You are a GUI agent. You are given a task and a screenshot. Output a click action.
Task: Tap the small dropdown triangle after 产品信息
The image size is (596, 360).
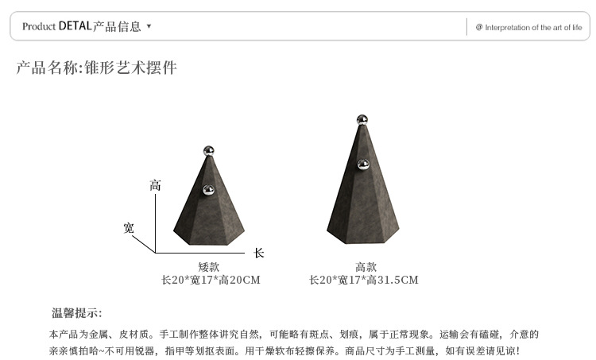pos(149,26)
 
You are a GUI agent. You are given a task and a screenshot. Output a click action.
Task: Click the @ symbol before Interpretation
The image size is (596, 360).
pos(479,27)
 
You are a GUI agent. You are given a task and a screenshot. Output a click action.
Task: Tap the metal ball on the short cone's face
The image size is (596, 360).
pos(209,190)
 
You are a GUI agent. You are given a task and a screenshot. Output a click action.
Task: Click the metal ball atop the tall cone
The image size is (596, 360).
pos(362,121)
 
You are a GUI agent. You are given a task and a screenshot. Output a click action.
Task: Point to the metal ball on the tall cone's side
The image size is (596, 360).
pos(363,165)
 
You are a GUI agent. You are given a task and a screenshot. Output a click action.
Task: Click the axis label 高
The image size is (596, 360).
pos(155,186)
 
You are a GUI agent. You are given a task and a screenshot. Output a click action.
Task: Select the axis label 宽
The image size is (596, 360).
pos(129,229)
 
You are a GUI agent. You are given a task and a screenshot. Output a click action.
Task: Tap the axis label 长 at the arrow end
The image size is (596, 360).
pos(258,254)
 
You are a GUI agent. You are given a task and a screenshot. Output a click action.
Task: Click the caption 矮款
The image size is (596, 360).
pos(209,267)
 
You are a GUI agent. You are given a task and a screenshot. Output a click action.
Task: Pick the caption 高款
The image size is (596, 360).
pos(366,267)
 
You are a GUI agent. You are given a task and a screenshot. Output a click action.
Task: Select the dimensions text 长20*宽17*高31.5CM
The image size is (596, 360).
pos(364,280)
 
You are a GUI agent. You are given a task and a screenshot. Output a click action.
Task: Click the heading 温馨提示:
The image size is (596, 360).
pos(77,313)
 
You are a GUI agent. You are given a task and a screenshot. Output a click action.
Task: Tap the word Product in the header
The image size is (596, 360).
pos(39,26)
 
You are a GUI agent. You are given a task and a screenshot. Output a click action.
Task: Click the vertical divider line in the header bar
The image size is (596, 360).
pos(466,26)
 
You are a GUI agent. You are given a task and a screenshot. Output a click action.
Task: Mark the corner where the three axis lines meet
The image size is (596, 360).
pos(156,252)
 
